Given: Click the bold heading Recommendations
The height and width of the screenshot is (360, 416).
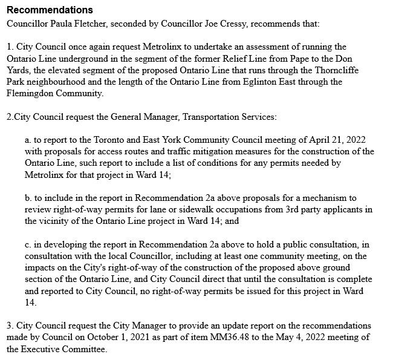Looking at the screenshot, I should point(50,10).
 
